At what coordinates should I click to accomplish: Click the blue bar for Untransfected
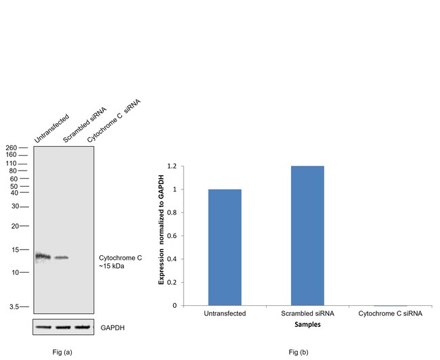pyautogui.click(x=225, y=247)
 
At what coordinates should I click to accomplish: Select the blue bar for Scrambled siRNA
pyautogui.click(x=307, y=235)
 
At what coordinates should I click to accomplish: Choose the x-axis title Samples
pyautogui.click(x=307, y=325)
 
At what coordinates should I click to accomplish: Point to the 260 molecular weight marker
pyautogui.click(x=11, y=148)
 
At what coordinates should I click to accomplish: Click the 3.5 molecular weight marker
pyautogui.click(x=13, y=307)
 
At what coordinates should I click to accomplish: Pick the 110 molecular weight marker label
pyautogui.click(x=11, y=164)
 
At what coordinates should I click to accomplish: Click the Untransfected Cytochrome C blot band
pyautogui.click(x=43, y=256)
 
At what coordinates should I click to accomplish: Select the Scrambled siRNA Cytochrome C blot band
pyautogui.click(x=62, y=258)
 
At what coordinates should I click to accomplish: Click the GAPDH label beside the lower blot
pyautogui.click(x=112, y=328)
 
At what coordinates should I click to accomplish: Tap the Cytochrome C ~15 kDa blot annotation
pyautogui.click(x=120, y=262)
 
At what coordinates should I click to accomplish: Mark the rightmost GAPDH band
pyautogui.click(x=82, y=328)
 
